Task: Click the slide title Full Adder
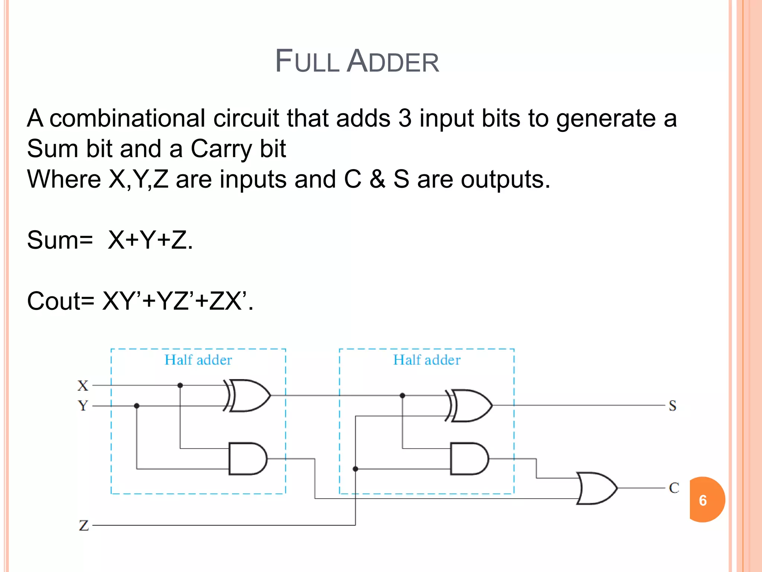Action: pyautogui.click(x=357, y=61)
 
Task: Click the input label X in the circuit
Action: pyautogui.click(x=83, y=385)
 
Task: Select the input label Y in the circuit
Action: pyautogui.click(x=83, y=405)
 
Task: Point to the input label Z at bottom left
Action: pyautogui.click(x=84, y=525)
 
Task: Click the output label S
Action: pyautogui.click(x=672, y=406)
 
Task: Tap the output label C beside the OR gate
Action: pyautogui.click(x=674, y=488)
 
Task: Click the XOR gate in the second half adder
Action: pyautogui.click(x=470, y=406)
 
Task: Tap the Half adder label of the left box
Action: pyautogui.click(x=198, y=360)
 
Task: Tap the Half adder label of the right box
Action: pyautogui.click(x=427, y=360)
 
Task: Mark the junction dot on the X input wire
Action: pyautogui.click(x=180, y=385)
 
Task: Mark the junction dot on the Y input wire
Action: pyautogui.click(x=137, y=406)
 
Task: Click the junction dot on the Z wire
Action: pyautogui.click(x=355, y=469)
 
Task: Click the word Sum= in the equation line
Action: pyautogui.click(x=60, y=240)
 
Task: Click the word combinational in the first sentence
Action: pyautogui.click(x=127, y=118)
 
